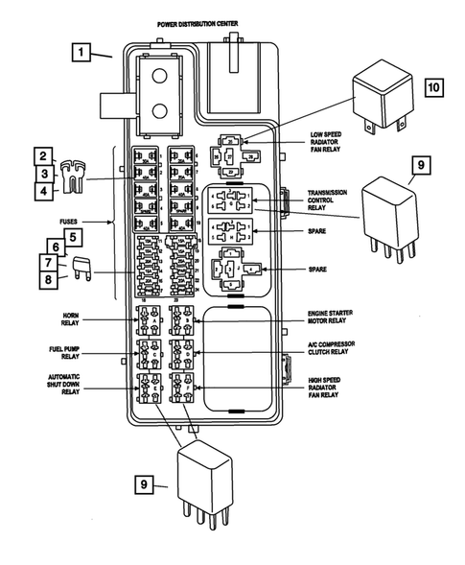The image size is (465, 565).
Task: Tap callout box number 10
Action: [432, 86]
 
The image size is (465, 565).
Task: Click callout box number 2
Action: [42, 155]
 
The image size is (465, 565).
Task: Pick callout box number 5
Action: [73, 233]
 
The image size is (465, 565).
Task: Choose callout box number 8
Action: [47, 279]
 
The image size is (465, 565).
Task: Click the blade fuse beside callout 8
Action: [81, 271]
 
